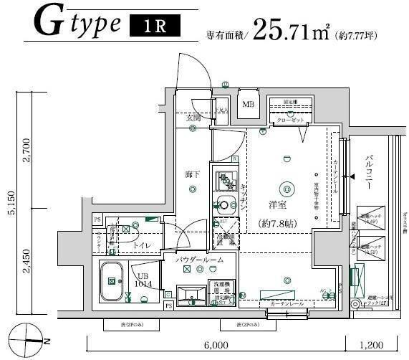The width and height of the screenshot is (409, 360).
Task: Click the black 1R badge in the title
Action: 153,27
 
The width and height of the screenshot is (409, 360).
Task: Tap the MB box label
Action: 248,105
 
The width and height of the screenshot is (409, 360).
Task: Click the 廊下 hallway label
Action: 193,174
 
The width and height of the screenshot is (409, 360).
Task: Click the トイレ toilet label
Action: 141,246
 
